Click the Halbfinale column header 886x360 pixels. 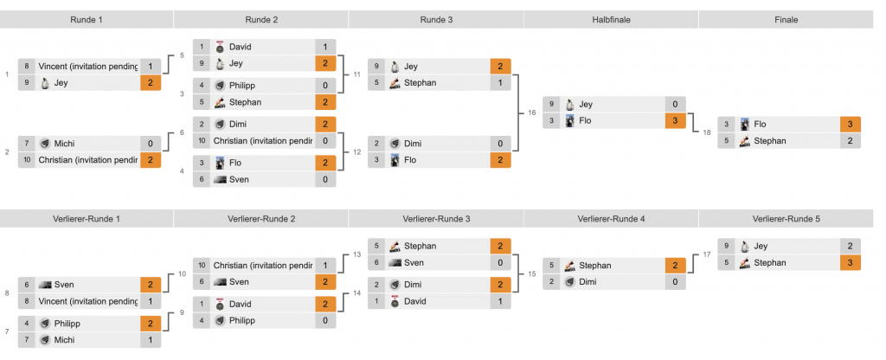pos(611,20)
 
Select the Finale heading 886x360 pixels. pos(786,20)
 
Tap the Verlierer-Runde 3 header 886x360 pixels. pos(436,219)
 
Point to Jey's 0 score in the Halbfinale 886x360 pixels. pos(675,104)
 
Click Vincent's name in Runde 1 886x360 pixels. pos(87,66)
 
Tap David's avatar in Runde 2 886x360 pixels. pos(220,47)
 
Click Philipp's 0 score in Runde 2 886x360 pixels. pos(325,85)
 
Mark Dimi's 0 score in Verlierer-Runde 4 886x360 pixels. pos(675,281)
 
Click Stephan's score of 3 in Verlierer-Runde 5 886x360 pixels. pos(851,262)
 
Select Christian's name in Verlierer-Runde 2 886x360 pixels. pos(262,265)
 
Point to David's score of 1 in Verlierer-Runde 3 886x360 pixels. pos(500,300)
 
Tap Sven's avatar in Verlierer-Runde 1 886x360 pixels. pos(45,284)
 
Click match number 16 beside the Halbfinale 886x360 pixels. pos(531,112)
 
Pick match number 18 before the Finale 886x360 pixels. pos(707,132)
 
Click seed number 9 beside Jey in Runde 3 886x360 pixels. pos(376,66)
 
